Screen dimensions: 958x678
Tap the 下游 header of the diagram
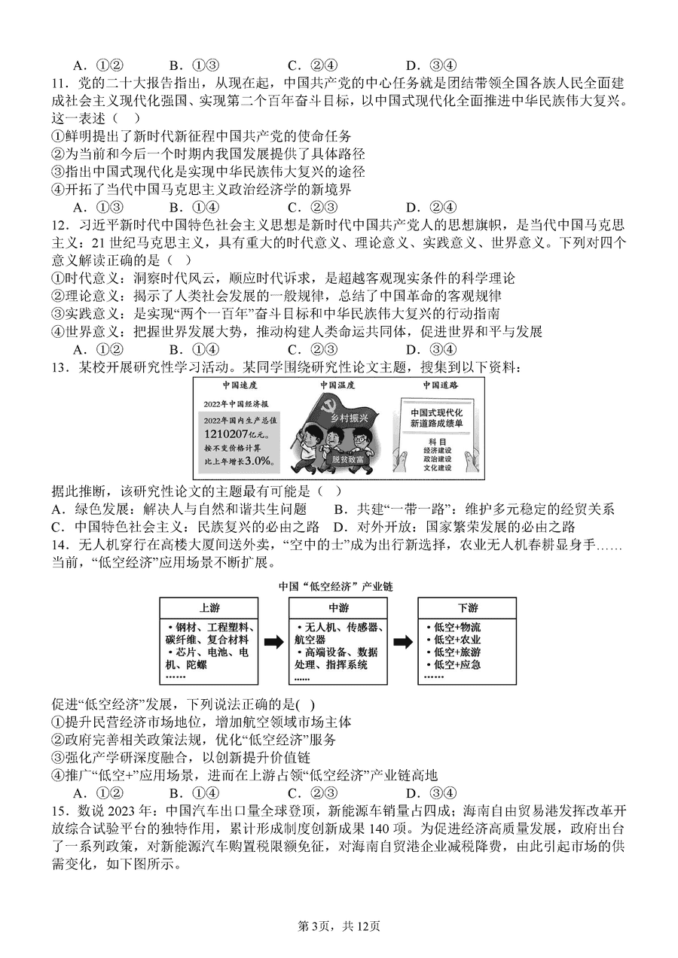[467, 607]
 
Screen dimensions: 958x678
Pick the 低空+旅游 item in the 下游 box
[453, 652]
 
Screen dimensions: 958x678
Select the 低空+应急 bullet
[453, 665]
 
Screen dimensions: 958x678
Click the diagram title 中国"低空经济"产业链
[336, 585]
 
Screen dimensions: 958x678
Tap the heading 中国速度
[231, 385]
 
